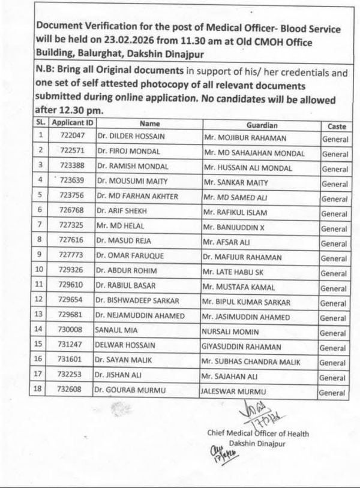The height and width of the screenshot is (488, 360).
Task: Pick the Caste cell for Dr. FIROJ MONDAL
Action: coord(334,154)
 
